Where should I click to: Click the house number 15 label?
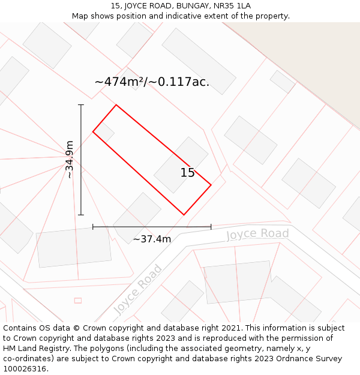[x=187, y=173]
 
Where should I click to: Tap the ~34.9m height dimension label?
[x=70, y=160]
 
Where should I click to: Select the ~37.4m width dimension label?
[x=152, y=239]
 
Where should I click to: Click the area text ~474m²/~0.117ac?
[x=152, y=82]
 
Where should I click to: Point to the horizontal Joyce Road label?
[x=257, y=234]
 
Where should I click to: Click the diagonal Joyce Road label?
[x=138, y=289]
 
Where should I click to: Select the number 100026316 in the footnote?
[x=25, y=369]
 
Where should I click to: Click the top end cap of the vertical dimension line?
[x=81, y=105]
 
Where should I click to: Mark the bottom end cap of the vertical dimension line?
[x=81, y=215]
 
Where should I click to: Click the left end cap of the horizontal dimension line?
[x=93, y=227]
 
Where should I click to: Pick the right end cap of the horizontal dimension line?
[x=211, y=227]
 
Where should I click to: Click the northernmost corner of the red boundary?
[x=116, y=105]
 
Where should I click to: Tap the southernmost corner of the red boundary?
[x=184, y=215]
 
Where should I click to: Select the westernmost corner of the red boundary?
[x=93, y=131]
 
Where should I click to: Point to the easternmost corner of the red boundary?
[x=211, y=185]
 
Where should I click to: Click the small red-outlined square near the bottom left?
[x=77, y=300]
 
